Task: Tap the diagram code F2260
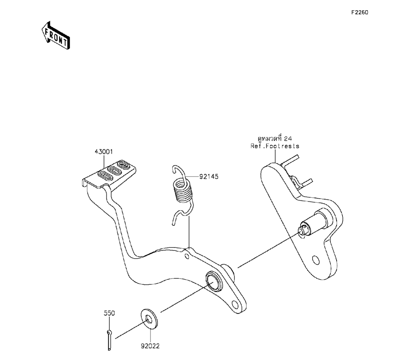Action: [360, 13]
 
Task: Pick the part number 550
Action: [109, 313]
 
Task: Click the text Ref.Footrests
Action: [275, 146]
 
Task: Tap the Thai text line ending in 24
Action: [275, 139]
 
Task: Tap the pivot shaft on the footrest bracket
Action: [311, 224]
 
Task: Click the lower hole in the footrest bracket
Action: [315, 260]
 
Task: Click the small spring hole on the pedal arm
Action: [187, 256]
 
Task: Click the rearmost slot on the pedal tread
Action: [123, 165]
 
